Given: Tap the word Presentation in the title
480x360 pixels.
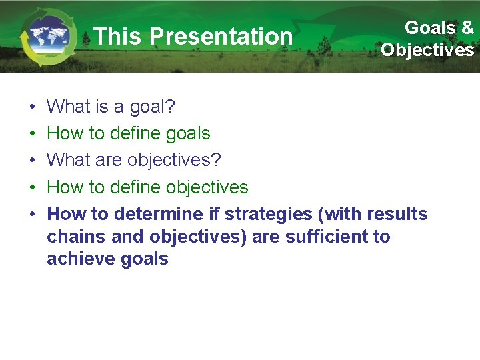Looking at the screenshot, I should coord(221,37).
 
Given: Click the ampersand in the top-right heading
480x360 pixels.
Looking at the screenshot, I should coord(467,28).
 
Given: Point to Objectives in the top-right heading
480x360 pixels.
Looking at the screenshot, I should coord(427,50).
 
